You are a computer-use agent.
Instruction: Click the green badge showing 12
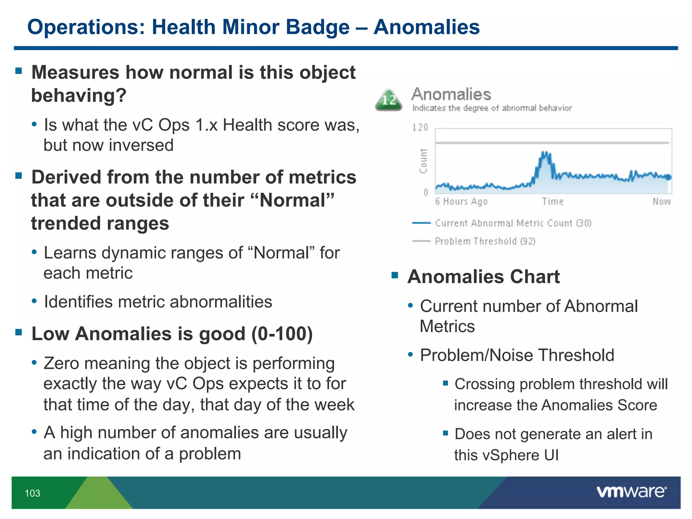coord(389,100)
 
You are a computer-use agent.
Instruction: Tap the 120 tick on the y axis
coord(420,127)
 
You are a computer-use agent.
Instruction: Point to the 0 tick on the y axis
coord(425,192)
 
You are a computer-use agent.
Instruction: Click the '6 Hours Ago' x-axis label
coord(461,202)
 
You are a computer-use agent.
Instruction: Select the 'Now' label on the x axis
coord(661,202)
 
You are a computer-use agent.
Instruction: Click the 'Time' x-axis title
coord(553,202)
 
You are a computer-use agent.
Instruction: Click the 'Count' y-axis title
coord(423,161)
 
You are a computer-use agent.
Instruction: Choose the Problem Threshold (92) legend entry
coord(485,241)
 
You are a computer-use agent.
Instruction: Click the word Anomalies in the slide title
coord(426,27)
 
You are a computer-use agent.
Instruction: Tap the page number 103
coord(32,493)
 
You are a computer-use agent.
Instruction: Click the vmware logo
coord(632,492)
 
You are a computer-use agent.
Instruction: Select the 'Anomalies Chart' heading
coord(483,277)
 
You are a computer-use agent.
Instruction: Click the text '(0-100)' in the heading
coord(282,334)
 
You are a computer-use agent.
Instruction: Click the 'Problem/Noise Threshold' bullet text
coord(517,355)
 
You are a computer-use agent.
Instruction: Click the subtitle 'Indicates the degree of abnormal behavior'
coord(492,108)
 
